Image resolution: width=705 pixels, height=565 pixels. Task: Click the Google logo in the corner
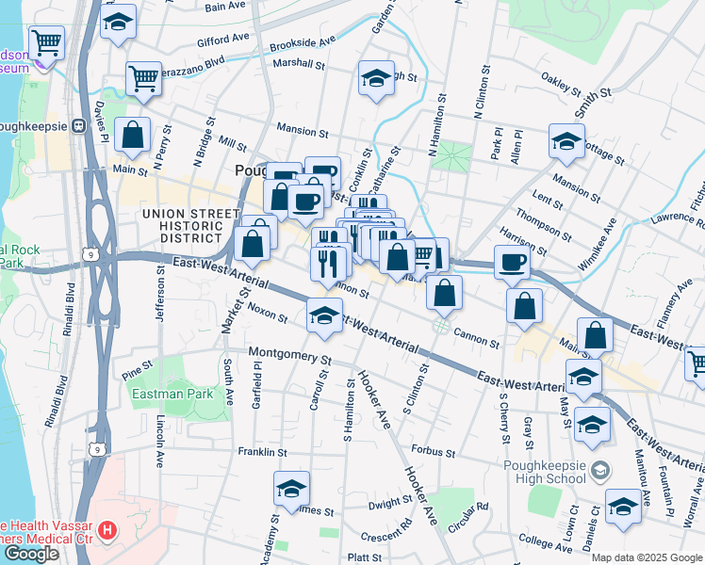pyautogui.click(x=31, y=554)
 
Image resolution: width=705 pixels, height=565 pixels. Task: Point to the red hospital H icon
pyautogui.click(x=107, y=531)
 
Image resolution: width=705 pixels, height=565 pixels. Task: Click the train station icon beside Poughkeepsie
pyautogui.click(x=82, y=126)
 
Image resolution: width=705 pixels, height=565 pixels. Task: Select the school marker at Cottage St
pyautogui.click(x=566, y=142)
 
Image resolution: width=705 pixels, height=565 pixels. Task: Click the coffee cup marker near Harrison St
pyautogui.click(x=512, y=263)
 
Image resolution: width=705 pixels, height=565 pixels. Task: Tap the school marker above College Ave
pyautogui.click(x=623, y=508)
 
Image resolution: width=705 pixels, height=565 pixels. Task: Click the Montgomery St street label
pyautogui.click(x=290, y=358)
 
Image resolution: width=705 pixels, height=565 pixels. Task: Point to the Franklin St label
pyautogui.click(x=262, y=452)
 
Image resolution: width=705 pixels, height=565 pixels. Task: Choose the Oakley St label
pyautogui.click(x=560, y=84)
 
